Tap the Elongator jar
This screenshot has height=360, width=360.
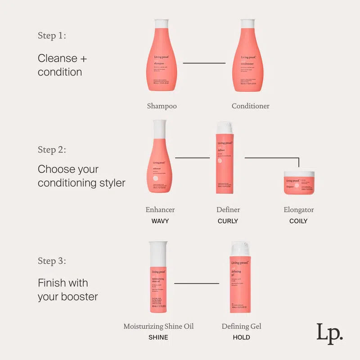[298, 182]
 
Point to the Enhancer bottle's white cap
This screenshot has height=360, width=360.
[160, 129]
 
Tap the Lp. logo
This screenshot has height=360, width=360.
[329, 333]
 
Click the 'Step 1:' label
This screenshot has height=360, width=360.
[52, 36]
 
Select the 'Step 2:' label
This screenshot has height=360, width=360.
[52, 149]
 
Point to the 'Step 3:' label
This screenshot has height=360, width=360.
[52, 261]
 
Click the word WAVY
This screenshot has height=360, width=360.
[160, 221]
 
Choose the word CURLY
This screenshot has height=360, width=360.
[228, 221]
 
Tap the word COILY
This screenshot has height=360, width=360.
[298, 221]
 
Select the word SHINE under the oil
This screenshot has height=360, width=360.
[158, 337]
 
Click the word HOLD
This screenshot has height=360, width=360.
[241, 337]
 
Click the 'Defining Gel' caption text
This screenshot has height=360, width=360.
[241, 326]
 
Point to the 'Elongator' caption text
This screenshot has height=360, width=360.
[298, 210]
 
